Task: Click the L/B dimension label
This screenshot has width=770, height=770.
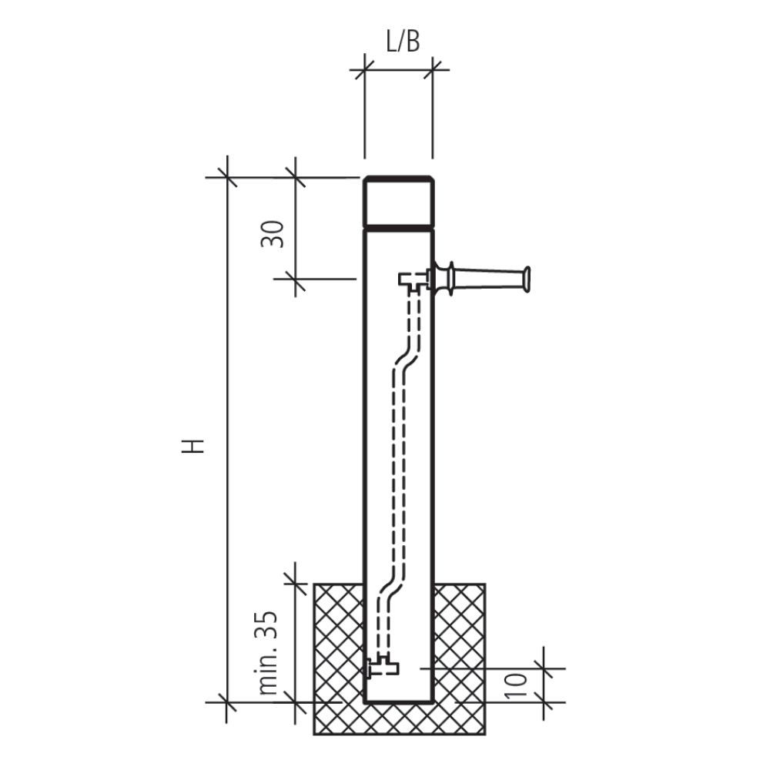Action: (403, 42)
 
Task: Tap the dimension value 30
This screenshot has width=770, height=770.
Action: (273, 235)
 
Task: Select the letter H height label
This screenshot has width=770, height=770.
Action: (193, 445)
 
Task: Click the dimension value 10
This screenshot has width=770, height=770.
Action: (515, 685)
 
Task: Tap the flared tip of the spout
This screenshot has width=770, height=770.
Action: (527, 280)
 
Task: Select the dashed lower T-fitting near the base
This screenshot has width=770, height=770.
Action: (383, 668)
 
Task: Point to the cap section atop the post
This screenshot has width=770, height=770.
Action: (399, 201)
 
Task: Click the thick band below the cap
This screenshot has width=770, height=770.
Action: (399, 228)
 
